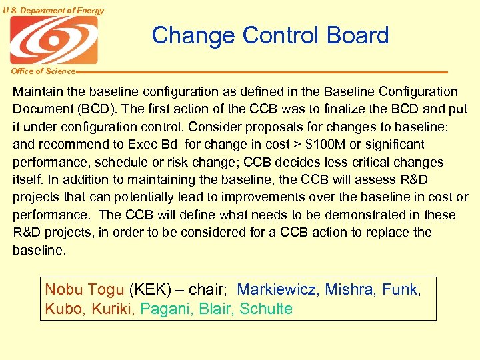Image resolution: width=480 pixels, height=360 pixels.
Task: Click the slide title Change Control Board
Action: click(270, 35)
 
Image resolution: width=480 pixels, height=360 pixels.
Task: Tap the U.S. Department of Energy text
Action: click(53, 10)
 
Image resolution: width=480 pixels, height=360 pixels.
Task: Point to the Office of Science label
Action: click(43, 71)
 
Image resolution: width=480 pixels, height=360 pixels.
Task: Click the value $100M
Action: click(328, 144)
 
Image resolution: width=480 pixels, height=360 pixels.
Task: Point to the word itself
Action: click(27, 179)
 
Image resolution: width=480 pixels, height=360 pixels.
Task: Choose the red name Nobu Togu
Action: click(85, 290)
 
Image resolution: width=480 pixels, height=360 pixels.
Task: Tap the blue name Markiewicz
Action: click(277, 290)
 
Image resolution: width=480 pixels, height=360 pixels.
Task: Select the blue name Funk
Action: click(400, 290)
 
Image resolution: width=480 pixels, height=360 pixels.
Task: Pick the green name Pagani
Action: click(167, 309)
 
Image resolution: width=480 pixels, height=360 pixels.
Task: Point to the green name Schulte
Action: click(266, 309)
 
